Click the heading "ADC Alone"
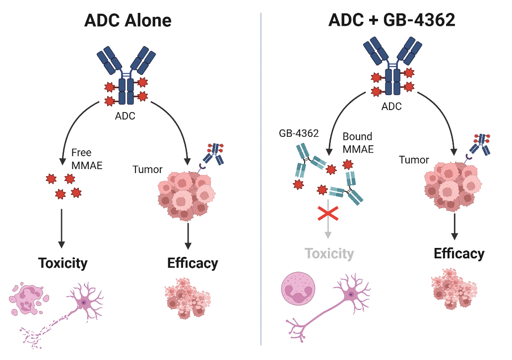click(x=128, y=20)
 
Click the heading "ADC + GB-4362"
click(x=391, y=20)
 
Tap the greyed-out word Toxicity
click(x=329, y=254)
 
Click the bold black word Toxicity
click(x=63, y=262)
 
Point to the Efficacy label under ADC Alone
click(x=192, y=262)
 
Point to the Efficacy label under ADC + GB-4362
click(x=459, y=253)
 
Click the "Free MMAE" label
click(x=86, y=159)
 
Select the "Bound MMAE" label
click(x=358, y=142)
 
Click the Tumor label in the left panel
click(x=147, y=170)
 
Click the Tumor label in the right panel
click(x=414, y=160)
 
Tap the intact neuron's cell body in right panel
click(x=351, y=295)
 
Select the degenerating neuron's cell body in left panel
click(x=84, y=302)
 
